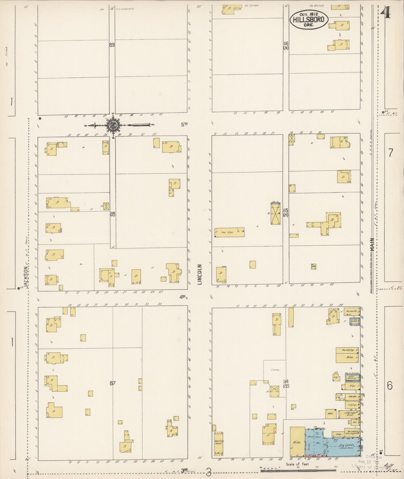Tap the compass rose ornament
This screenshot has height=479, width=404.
coord(113,125)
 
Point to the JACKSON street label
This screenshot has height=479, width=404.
coord(26,277)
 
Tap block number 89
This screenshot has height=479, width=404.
coord(112,44)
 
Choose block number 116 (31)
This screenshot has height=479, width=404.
coord(285,45)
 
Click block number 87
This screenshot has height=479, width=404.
coord(112,383)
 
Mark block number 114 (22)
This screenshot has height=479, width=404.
coord(285,383)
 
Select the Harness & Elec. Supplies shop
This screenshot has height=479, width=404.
coord(351,433)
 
